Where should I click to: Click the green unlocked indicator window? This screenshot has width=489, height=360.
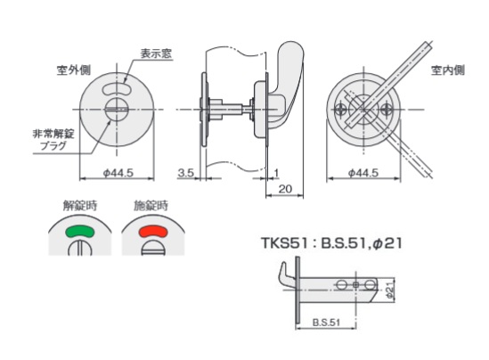click(79, 231)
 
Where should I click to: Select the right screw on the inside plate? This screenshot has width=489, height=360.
click(389, 110)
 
